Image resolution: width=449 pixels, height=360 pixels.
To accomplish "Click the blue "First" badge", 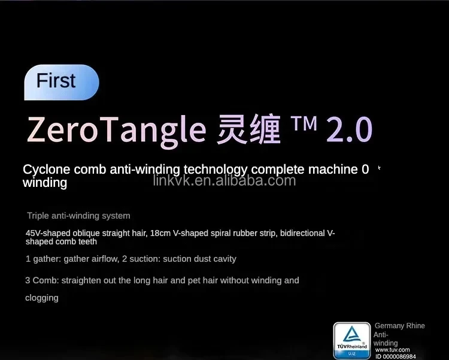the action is point(62,82).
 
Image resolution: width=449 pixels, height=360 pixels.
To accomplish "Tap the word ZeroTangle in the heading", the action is point(116,130).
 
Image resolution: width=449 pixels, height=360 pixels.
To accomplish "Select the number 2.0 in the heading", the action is point(350,129).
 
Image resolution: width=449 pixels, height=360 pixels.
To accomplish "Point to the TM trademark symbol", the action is point(304,123).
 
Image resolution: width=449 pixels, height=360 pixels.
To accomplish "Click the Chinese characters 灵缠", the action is point(248,129).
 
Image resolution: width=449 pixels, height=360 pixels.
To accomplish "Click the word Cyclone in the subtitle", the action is point(47,170).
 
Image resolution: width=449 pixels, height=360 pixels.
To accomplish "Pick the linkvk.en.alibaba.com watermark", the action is point(224,180).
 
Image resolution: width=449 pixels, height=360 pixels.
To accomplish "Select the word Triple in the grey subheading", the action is point(38,216).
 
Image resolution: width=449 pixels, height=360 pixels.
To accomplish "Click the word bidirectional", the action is point(302,233).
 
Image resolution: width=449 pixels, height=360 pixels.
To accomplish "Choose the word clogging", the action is point(42,298).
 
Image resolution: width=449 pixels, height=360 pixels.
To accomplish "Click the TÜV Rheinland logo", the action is point(352,340).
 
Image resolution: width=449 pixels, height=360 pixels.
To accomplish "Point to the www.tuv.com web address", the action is point(392,350).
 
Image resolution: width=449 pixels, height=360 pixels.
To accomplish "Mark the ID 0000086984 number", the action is point(396,356).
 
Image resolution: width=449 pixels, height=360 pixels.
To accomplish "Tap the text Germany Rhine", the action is point(400,326).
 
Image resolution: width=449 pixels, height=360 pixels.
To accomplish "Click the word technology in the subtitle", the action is point(216,170).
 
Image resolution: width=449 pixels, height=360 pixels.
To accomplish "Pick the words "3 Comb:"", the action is point(42,280).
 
